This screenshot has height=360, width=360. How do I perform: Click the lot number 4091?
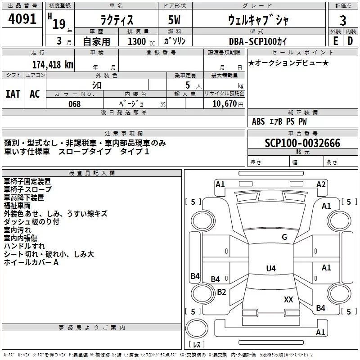22,19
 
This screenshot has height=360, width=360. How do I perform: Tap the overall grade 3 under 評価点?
343,20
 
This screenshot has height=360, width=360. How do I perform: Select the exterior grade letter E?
335,41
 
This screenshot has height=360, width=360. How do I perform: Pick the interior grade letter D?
350,41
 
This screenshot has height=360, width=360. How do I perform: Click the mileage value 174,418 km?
53,64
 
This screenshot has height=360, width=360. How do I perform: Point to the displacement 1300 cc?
141,41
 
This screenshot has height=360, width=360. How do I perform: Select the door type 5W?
174,20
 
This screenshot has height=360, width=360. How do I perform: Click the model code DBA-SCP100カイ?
257,41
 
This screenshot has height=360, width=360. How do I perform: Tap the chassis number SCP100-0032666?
302,143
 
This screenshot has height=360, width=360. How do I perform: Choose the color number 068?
75,104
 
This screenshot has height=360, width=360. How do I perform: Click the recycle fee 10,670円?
228,104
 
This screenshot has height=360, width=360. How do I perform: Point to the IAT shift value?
13,94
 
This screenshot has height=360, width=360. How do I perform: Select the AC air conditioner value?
35,94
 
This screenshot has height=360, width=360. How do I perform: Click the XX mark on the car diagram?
288,299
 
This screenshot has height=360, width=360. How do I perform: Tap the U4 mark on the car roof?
271,268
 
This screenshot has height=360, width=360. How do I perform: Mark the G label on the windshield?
284,237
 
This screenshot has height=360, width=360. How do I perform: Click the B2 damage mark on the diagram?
221,292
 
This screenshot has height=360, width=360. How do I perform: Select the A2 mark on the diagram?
321,184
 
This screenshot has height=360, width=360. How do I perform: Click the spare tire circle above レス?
197,328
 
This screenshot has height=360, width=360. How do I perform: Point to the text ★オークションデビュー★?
288,63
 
